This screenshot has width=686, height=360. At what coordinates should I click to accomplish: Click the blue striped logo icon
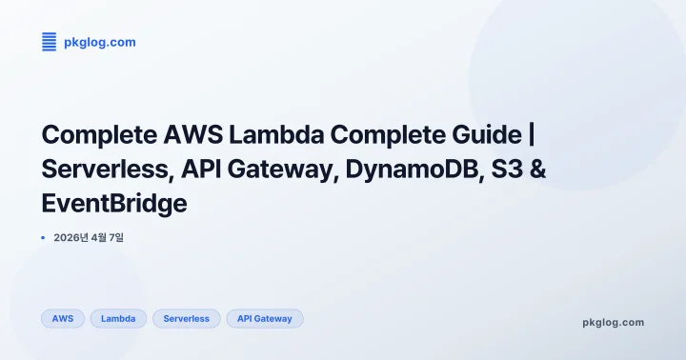50,41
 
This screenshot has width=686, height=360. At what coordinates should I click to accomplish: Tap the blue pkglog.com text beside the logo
100,42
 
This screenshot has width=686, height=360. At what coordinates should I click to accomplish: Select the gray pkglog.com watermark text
613,322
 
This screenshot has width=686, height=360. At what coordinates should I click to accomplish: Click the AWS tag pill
63,318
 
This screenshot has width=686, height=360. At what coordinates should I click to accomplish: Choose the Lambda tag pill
118,318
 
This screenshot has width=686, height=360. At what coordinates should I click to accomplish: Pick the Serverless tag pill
187,318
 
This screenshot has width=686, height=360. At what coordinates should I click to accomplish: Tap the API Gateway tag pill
265,318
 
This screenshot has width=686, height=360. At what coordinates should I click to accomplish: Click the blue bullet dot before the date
44,237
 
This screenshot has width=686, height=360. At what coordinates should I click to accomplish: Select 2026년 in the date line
73,237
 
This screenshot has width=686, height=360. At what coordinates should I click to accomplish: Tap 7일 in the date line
115,237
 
